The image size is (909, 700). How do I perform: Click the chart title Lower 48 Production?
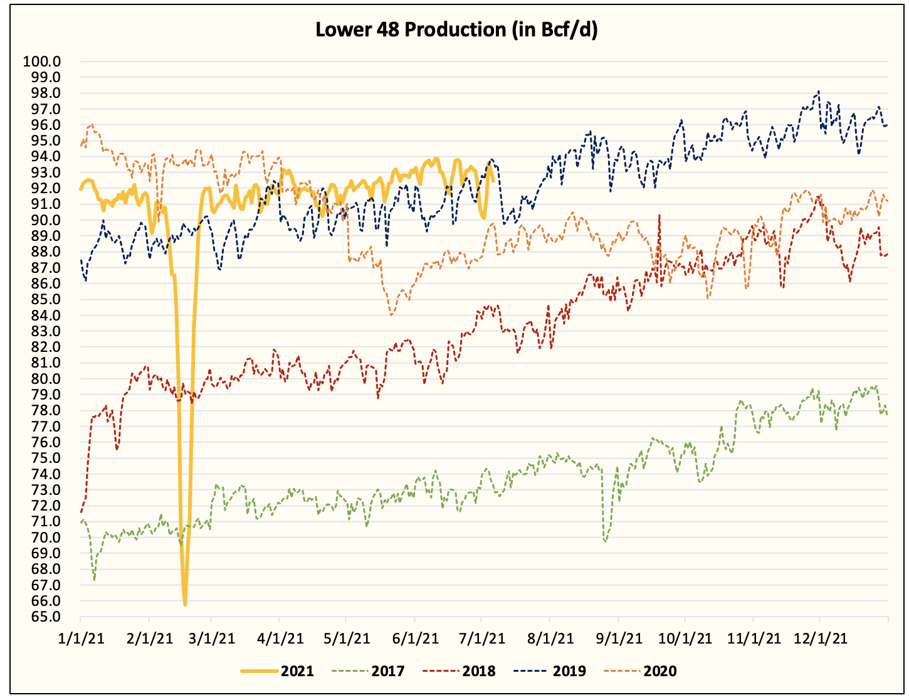click(456, 30)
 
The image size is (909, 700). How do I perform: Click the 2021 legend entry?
click(277, 671)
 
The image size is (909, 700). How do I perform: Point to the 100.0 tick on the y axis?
click(41, 61)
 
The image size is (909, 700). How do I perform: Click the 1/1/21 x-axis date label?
click(80, 639)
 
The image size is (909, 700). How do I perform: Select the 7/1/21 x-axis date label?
click(481, 639)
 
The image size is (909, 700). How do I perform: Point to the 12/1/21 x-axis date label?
click(821, 639)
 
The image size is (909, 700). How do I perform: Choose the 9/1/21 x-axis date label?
click(618, 639)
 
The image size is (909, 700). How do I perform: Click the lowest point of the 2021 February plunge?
click(185, 604)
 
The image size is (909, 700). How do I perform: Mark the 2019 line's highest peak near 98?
click(818, 92)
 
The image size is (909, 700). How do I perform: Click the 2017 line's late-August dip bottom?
click(605, 540)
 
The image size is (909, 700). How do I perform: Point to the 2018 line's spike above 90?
click(659, 215)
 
